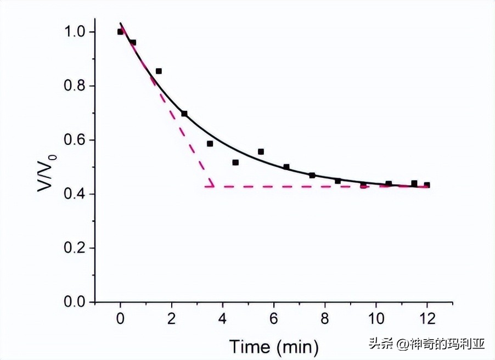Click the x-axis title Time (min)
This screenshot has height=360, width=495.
tap(273, 346)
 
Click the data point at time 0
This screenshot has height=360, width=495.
tap(120, 32)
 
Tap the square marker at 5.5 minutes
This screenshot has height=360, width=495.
tap(261, 151)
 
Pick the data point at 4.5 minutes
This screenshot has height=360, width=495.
tap(235, 162)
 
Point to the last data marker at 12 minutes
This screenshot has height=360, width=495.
tap(427, 185)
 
